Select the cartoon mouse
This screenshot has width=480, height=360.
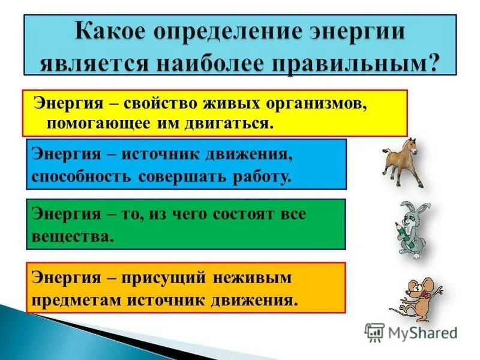420,298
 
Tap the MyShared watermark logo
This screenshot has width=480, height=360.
410,332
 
